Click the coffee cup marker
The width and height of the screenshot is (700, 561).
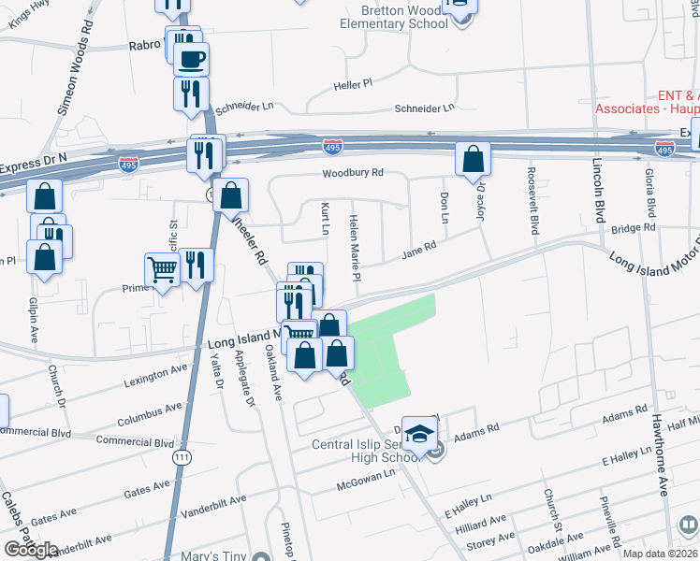191,60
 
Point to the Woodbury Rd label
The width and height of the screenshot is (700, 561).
353,173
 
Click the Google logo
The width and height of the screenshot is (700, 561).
31,550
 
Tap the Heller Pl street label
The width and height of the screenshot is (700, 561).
354,85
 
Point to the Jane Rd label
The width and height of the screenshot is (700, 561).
419,251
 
